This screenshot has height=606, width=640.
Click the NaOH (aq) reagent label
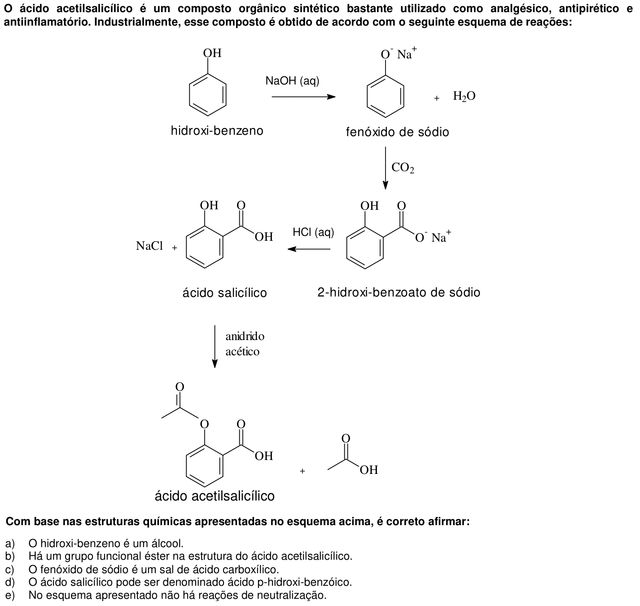(292, 81)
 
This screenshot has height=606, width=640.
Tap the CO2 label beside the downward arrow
(403, 168)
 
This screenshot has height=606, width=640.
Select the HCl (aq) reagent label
(313, 232)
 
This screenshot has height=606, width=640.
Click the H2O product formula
(464, 96)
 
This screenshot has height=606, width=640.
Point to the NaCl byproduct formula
(149, 246)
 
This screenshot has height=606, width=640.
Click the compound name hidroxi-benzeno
(217, 131)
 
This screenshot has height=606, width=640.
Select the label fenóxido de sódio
(397, 132)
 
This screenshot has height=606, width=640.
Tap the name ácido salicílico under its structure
(224, 292)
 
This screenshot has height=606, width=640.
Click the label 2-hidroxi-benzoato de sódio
(399, 292)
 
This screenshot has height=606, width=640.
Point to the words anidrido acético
(245, 344)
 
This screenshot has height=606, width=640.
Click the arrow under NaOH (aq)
(303, 97)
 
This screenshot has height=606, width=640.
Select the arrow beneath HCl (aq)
(309, 249)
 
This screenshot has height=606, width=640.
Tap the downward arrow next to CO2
(386, 168)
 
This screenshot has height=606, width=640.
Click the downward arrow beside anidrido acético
(215, 346)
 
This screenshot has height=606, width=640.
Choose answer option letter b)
(10, 556)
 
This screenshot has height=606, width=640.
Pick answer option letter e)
(10, 595)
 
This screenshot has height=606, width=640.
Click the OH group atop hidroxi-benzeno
(212, 53)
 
